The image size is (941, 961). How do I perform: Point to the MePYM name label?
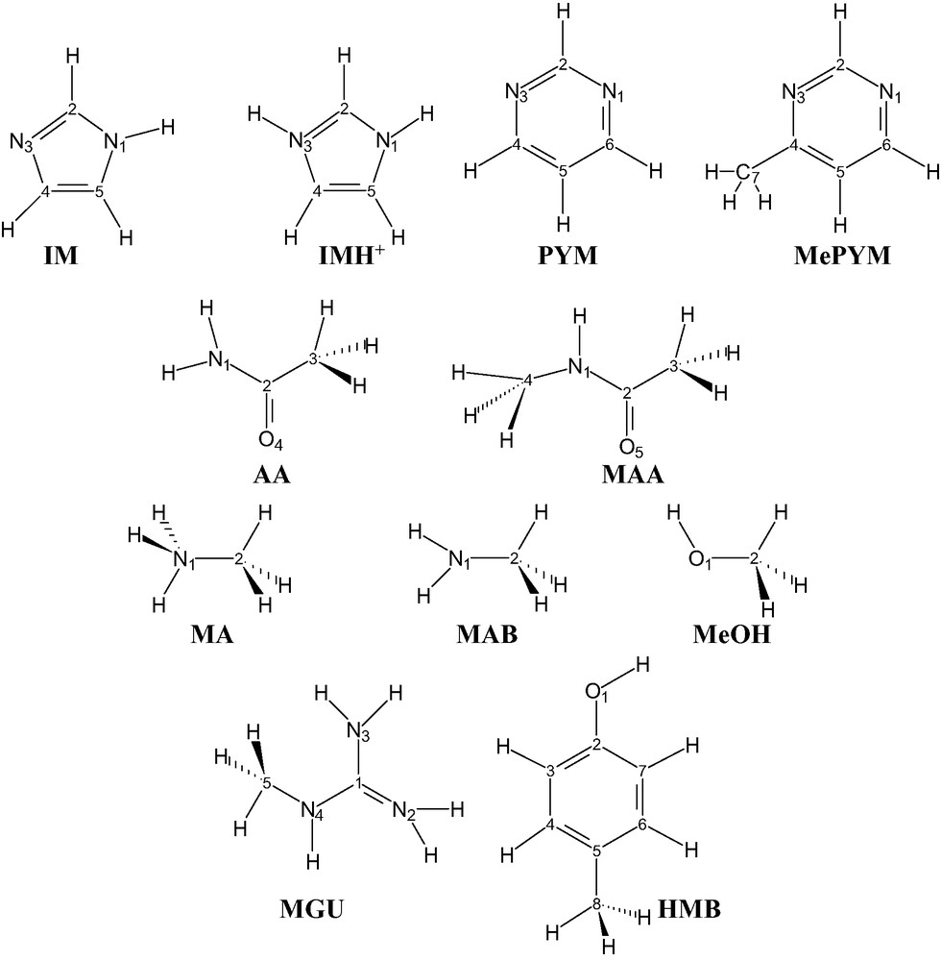(839, 257)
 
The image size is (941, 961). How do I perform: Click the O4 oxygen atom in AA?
(270, 441)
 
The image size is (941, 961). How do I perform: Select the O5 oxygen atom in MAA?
(630, 447)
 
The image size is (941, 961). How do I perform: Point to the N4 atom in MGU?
(312, 811)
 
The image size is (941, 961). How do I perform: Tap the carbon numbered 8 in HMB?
(595, 904)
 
